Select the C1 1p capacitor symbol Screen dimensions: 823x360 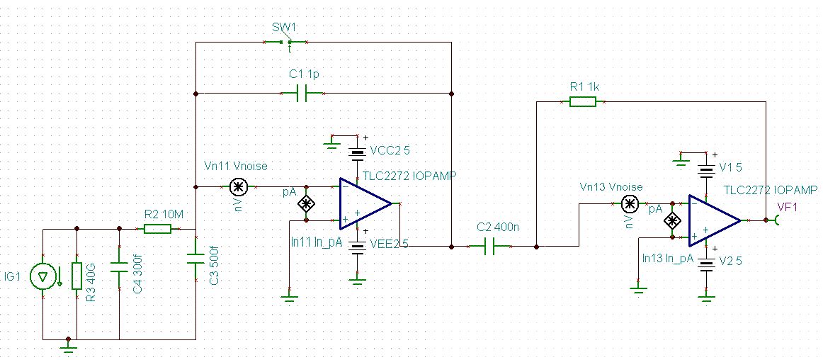point(301,94)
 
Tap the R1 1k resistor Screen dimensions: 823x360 point(583,102)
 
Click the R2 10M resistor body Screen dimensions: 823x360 point(157,229)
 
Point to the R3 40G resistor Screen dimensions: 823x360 point(77,276)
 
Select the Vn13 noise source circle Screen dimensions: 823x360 point(629,203)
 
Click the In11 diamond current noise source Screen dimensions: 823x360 point(305,204)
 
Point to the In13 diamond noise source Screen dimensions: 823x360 point(671,220)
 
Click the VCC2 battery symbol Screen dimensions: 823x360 point(358,154)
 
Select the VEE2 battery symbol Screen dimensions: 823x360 point(358,247)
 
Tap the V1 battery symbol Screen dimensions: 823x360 point(706,171)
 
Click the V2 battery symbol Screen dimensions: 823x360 point(706,264)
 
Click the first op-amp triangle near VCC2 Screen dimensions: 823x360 point(365,203)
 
